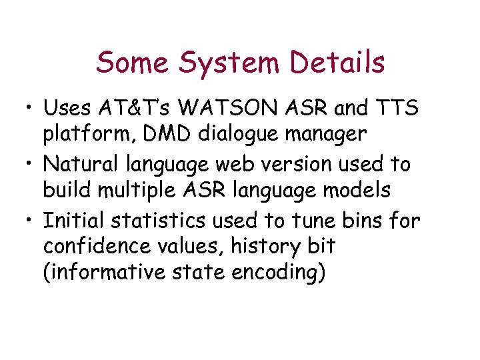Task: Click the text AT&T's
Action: tap(138, 107)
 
